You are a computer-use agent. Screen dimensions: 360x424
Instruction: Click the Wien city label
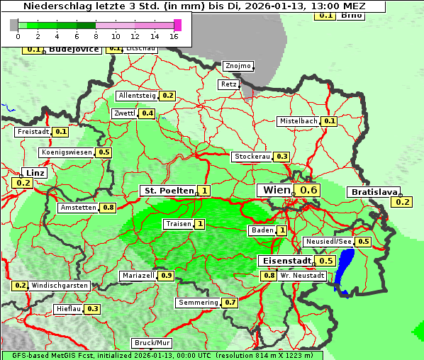pyautogui.click(x=276, y=190)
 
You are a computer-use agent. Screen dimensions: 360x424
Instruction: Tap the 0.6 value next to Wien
pyautogui.click(x=309, y=190)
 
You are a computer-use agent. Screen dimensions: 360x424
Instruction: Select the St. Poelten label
pyautogui.click(x=168, y=191)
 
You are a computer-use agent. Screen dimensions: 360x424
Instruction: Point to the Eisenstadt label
pyautogui.click(x=284, y=261)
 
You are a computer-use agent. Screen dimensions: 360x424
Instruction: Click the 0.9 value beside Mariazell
pyautogui.click(x=166, y=276)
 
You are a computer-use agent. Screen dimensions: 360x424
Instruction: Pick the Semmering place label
pyautogui.click(x=199, y=303)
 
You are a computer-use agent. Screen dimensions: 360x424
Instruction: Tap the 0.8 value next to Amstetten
pyautogui.click(x=108, y=208)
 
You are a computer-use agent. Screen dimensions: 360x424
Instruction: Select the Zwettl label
pyautogui.click(x=123, y=113)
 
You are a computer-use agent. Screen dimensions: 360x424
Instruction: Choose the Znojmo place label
pyautogui.click(x=238, y=66)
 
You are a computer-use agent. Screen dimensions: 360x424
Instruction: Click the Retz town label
pyautogui.click(x=228, y=84)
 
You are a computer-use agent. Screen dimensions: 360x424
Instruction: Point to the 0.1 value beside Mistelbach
pyautogui.click(x=330, y=121)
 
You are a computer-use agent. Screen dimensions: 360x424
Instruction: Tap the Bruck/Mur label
pyautogui.click(x=152, y=342)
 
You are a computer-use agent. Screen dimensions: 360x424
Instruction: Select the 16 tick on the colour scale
pyautogui.click(x=174, y=36)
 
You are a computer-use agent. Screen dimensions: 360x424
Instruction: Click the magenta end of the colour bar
pyautogui.click(x=177, y=26)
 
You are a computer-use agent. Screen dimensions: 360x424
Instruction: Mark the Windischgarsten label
pyautogui.click(x=60, y=286)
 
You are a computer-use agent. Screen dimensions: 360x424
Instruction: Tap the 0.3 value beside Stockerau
pyautogui.click(x=281, y=157)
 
